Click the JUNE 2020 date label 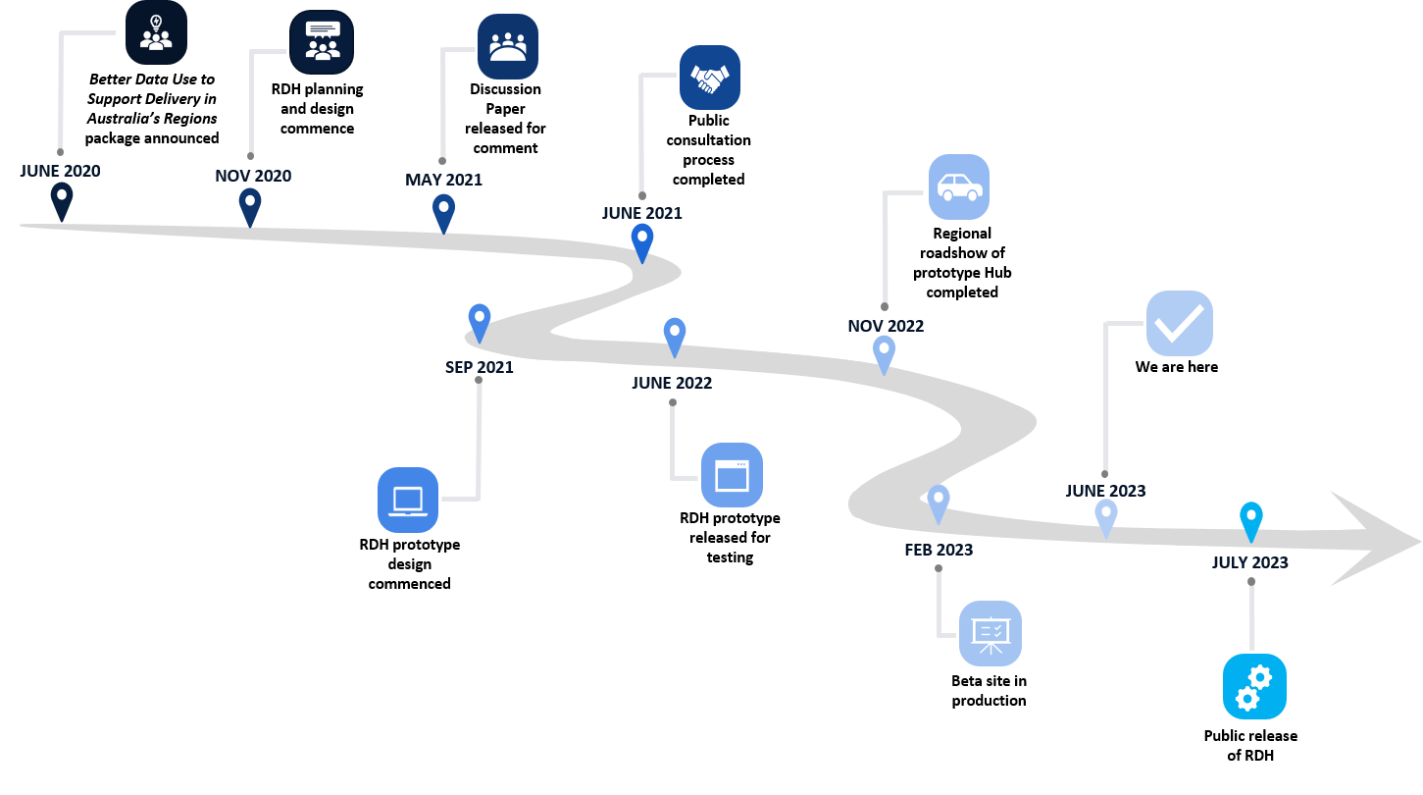click(x=60, y=171)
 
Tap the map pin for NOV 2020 click(x=250, y=206)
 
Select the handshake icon click(x=710, y=78)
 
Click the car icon click(x=959, y=186)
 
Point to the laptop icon click(x=408, y=500)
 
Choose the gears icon click(x=1254, y=686)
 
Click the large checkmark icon click(x=1180, y=323)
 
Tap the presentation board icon click(x=991, y=633)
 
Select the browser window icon click(x=732, y=475)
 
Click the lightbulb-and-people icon click(x=156, y=32)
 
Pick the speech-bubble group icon click(x=322, y=42)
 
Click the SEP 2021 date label click(x=479, y=367)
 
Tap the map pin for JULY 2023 click(x=1250, y=520)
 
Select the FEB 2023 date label click(x=939, y=550)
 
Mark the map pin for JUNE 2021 click(x=642, y=241)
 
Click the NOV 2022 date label click(x=886, y=326)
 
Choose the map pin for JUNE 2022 click(x=674, y=336)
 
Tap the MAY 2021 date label click(x=443, y=180)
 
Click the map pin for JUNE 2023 click(x=1106, y=516)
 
